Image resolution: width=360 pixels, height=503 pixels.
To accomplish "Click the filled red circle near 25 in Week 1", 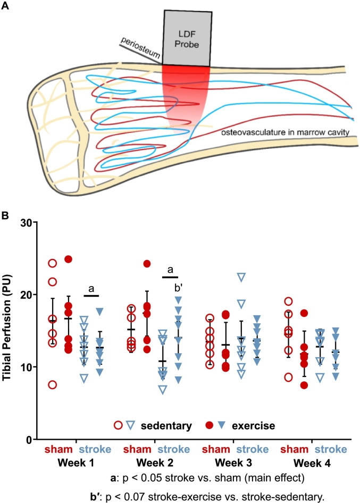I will [68, 259].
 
